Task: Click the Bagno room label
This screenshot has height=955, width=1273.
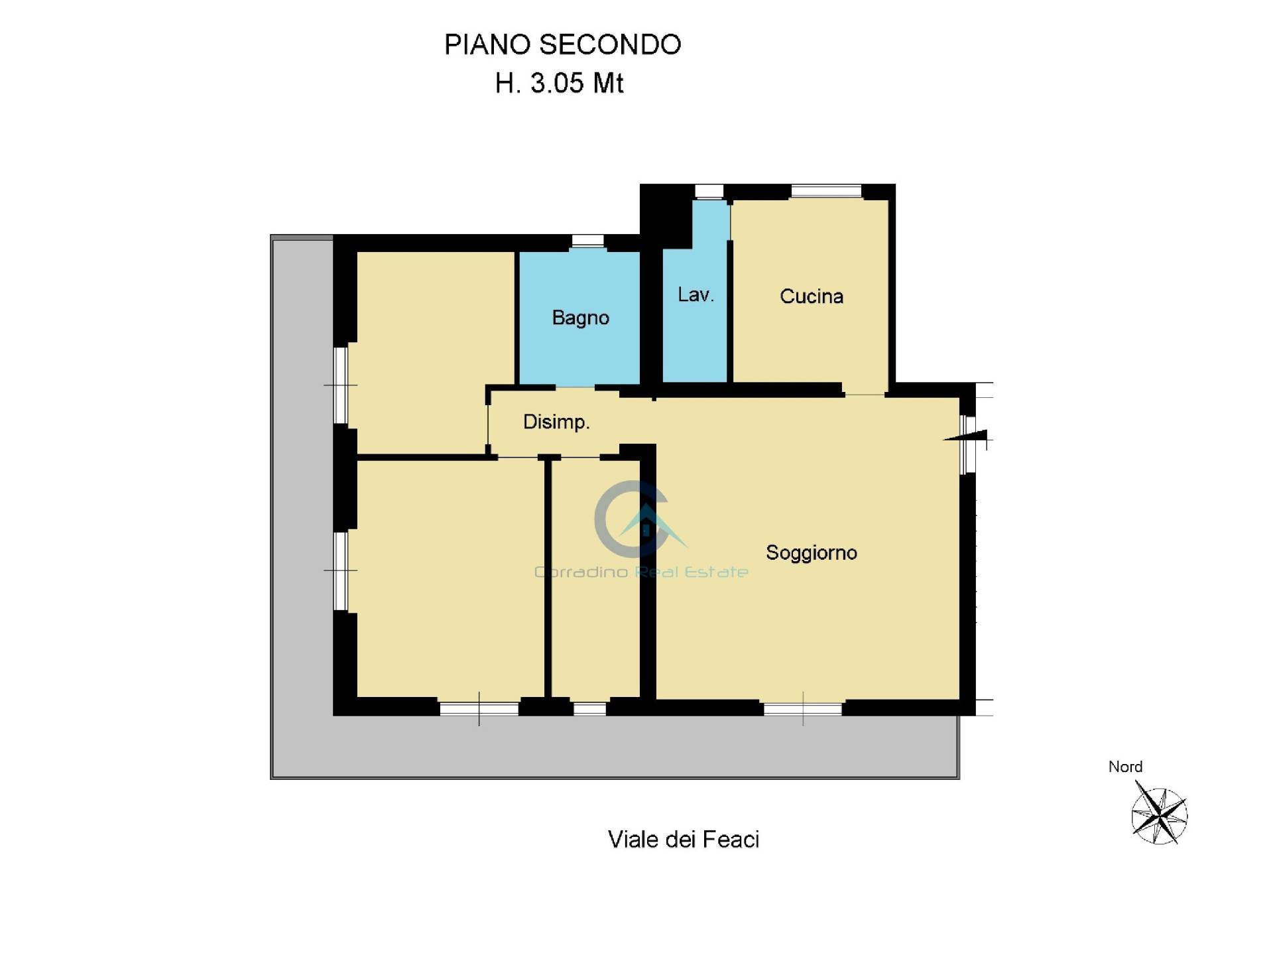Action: [x=580, y=318]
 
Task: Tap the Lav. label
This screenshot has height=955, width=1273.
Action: [x=696, y=294]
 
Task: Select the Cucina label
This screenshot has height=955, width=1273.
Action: [x=811, y=296]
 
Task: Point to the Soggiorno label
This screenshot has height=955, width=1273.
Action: [x=811, y=552]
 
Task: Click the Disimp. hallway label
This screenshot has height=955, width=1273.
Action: [x=556, y=422]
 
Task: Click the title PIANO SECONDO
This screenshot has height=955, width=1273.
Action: [x=562, y=44]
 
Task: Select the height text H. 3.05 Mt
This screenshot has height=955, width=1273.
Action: [x=559, y=84]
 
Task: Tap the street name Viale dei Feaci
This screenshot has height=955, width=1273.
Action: [x=683, y=840]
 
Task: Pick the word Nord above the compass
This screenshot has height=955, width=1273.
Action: [x=1125, y=767]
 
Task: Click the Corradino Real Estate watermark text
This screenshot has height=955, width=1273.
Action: [x=641, y=572]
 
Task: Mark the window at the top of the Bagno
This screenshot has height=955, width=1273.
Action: [x=587, y=241]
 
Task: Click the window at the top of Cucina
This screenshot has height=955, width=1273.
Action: [x=825, y=191]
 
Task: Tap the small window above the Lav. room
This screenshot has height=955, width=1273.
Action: [x=709, y=191]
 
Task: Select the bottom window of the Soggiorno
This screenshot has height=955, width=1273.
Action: [x=802, y=708]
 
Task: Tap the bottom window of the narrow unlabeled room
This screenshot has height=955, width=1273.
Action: [x=589, y=708]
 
